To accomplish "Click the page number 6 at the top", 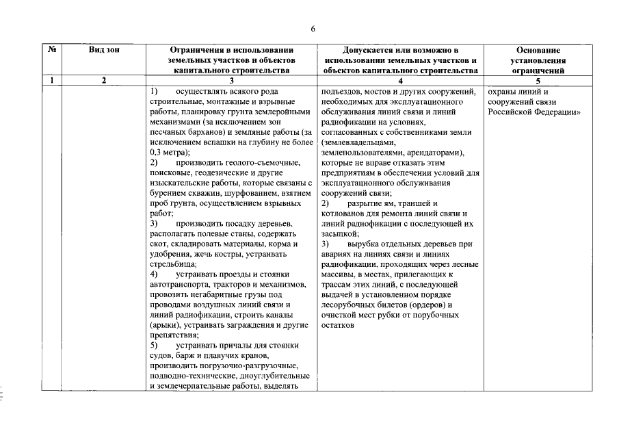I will [313, 29].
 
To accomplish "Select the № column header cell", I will [52, 51].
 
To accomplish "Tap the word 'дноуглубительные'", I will [274, 376].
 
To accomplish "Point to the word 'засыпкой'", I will [340, 233].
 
